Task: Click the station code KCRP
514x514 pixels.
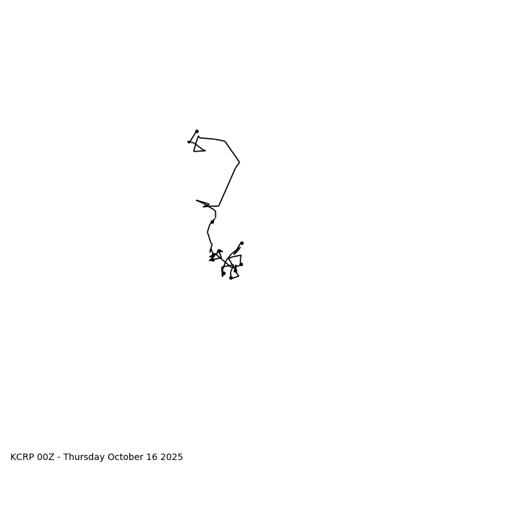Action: click(22, 457)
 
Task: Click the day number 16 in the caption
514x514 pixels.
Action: click(152, 457)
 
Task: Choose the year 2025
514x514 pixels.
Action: click(172, 457)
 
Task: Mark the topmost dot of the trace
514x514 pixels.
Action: click(197, 131)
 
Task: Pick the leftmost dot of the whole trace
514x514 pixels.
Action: click(189, 142)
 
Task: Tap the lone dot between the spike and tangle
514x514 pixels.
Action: click(212, 222)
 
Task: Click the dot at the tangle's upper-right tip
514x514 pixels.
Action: click(242, 243)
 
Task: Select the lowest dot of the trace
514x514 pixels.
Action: click(231, 278)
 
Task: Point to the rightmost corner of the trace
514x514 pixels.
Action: click(240, 163)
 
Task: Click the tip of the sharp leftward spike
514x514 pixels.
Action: click(197, 200)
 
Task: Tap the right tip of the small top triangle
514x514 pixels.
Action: click(205, 150)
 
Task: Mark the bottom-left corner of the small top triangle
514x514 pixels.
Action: click(194, 151)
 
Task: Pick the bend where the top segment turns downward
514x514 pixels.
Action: click(225, 141)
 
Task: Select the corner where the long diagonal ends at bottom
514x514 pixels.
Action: click(219, 206)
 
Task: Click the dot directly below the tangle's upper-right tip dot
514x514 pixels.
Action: click(241, 264)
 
